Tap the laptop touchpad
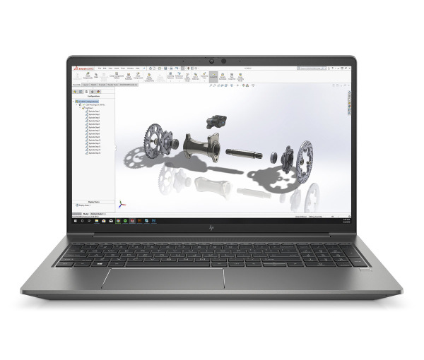point(163,277)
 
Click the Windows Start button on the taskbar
point(74,220)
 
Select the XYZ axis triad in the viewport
point(123,202)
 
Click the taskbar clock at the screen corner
point(345,220)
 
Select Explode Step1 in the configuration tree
point(93,111)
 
